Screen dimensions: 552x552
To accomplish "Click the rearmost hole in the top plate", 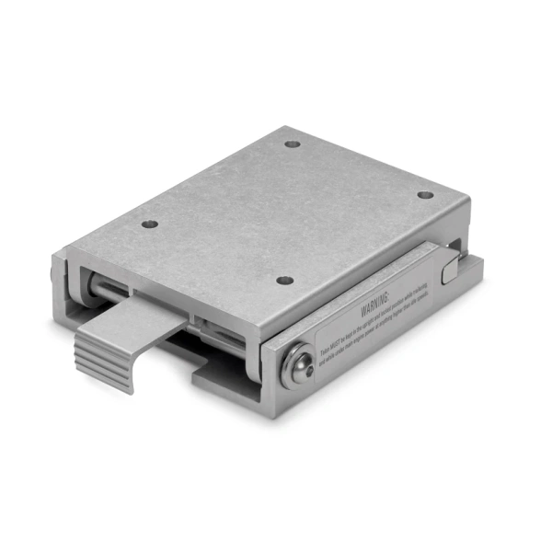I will tap(293, 144).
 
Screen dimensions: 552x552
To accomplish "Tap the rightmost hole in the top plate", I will tap(424, 194).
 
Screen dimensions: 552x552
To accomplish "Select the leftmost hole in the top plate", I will tap(149, 224).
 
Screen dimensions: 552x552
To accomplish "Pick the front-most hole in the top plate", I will tap(285, 280).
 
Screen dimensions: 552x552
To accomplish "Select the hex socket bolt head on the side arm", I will tap(296, 366).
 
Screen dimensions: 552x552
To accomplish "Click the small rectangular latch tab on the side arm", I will tap(449, 271).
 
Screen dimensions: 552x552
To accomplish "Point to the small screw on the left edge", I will tap(52, 274).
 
